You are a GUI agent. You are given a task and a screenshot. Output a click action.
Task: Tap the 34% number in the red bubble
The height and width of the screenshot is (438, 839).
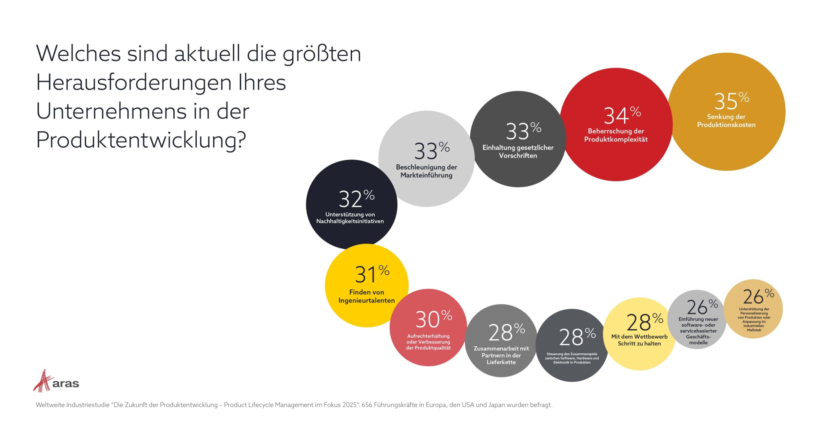622,116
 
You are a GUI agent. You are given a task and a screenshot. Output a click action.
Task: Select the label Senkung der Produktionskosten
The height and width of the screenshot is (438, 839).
726,121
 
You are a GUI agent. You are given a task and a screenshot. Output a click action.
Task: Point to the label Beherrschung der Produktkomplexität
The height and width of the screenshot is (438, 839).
616,135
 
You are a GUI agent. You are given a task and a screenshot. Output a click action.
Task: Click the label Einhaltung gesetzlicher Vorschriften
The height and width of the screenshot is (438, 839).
518,152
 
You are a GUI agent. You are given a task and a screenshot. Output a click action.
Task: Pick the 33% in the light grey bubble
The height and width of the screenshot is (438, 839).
431,151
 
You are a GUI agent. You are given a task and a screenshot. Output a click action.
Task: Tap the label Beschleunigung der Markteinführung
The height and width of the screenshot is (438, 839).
426,171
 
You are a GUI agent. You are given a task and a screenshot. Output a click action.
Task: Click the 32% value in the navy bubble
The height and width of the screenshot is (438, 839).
356,199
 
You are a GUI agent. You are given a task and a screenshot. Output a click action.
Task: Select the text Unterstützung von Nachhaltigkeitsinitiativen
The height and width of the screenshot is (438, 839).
350,218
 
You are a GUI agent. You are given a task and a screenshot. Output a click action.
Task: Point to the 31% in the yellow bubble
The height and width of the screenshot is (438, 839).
372,274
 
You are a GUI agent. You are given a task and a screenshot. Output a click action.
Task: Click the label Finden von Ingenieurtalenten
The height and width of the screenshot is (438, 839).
366,296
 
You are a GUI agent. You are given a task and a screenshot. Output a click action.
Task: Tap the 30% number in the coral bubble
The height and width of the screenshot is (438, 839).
433,319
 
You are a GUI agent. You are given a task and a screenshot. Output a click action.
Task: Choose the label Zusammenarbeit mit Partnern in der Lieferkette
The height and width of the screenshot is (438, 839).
501,356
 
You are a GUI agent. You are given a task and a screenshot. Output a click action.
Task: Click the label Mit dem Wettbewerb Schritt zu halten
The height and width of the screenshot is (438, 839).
639,340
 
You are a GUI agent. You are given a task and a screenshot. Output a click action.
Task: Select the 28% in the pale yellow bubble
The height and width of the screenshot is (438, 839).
644,322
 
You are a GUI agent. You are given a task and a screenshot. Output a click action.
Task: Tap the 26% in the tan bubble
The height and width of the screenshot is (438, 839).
758,297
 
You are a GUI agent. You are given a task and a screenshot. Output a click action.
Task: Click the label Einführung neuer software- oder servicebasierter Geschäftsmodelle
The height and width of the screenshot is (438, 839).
698,331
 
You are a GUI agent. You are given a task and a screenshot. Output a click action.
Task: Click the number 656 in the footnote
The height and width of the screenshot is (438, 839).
367,405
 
